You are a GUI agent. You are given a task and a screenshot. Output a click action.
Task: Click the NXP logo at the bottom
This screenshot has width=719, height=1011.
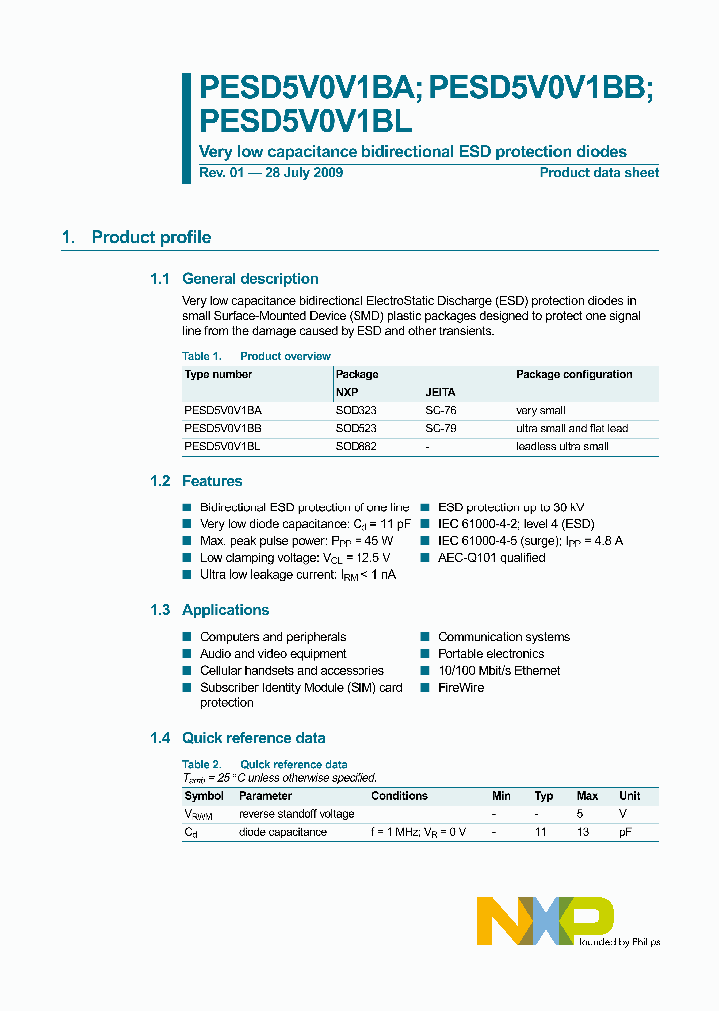coord(544,920)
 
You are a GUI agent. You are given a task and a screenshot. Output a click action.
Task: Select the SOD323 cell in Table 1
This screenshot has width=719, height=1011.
coord(356,410)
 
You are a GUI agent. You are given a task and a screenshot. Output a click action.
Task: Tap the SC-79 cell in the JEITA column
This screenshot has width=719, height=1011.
coord(440,428)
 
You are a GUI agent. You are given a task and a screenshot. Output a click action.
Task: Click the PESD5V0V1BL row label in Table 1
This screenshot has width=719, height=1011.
coord(222,446)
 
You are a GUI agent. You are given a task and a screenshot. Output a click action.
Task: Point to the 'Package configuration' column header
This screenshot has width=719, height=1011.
coord(574,374)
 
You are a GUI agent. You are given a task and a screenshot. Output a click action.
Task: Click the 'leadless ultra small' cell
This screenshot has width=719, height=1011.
coord(562,446)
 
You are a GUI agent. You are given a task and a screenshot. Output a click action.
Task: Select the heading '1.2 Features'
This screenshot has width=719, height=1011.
coord(196,481)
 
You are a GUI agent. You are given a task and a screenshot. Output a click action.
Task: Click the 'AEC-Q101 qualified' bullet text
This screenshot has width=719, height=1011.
coord(491,558)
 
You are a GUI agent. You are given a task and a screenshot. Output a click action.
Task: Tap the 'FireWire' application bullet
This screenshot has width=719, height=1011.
coord(460,688)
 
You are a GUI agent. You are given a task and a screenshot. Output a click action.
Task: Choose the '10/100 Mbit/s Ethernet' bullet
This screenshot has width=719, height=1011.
coord(499,671)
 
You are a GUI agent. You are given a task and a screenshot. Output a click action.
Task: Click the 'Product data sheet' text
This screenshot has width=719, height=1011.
coord(599,173)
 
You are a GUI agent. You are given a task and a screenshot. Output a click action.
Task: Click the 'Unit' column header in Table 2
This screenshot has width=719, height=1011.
coord(629,796)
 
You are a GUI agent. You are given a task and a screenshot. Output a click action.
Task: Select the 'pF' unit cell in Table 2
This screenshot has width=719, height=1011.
coord(626,832)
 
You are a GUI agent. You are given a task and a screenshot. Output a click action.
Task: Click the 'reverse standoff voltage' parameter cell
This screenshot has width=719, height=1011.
coord(296,814)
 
